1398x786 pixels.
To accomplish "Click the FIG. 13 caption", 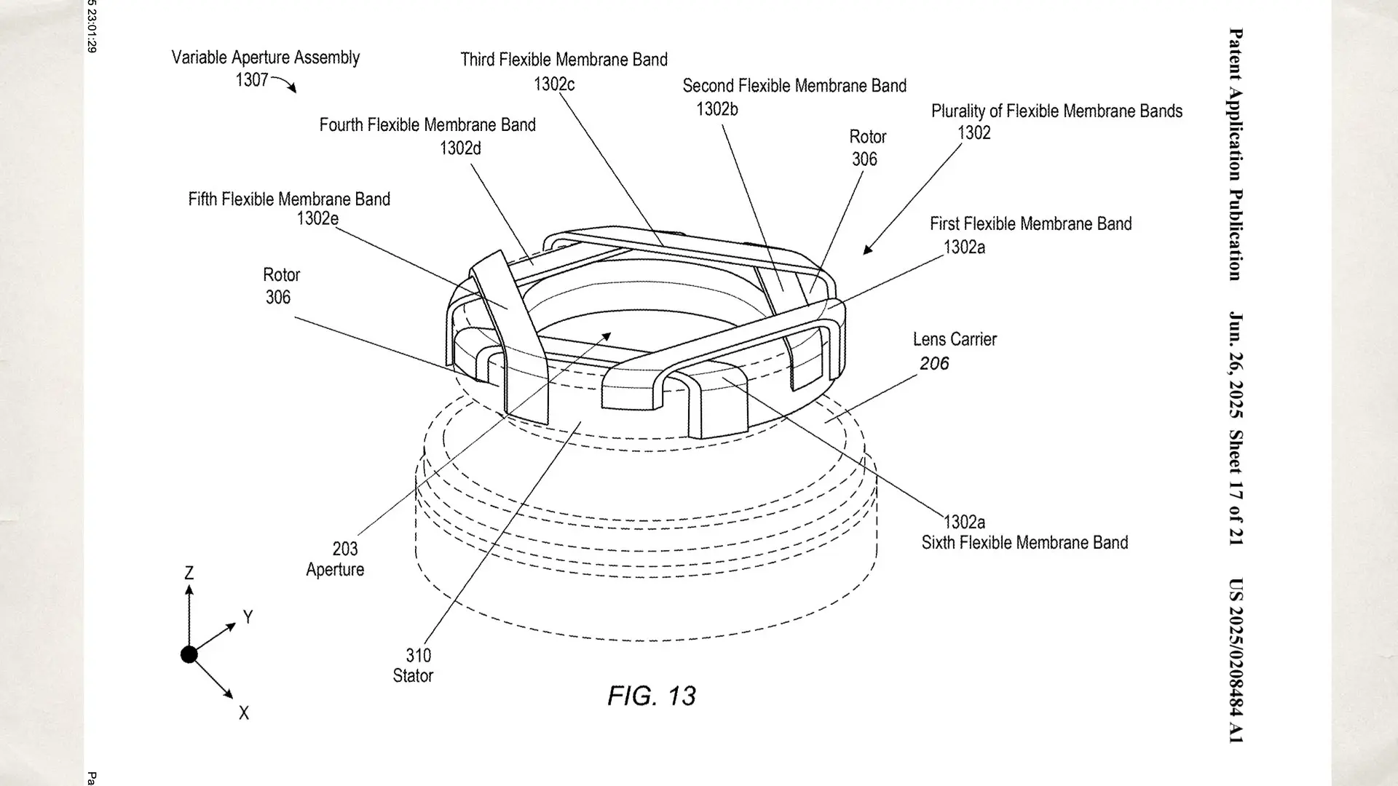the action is (652, 696).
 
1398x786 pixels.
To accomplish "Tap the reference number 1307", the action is (252, 79).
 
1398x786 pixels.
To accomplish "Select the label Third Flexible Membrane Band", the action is (564, 60).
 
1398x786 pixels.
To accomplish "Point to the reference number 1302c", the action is (554, 84).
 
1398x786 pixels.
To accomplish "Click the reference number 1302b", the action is (717, 109).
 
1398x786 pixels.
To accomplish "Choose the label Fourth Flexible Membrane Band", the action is (427, 125).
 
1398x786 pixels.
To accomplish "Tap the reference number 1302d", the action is (460, 148).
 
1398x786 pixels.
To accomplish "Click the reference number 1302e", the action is (317, 218).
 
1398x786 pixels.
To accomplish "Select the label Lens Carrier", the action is (955, 339).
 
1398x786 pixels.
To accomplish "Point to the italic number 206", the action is (934, 363).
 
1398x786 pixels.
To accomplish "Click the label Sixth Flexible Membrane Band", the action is (1024, 543).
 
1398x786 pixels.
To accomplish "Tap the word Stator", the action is (413, 675).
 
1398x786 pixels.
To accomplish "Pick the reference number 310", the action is (419, 656).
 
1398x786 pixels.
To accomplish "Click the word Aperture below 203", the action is (335, 570).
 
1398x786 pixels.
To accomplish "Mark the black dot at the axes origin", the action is (189, 655).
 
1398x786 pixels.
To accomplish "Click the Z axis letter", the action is (189, 573).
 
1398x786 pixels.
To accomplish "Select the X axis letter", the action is (244, 713).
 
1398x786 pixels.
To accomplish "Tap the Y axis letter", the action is (248, 617).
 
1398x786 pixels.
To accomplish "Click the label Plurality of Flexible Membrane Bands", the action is (1057, 111).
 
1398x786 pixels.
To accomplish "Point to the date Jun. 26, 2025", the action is (1236, 365).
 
